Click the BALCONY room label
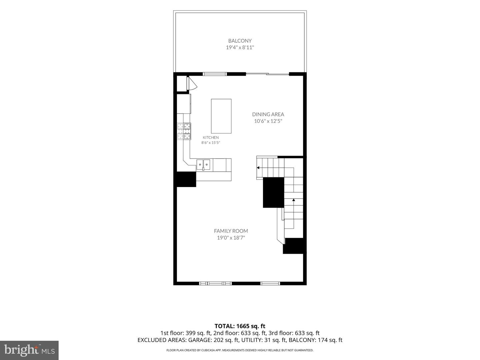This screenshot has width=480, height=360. [x=240, y=41]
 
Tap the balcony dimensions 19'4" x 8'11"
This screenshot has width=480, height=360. [x=240, y=47]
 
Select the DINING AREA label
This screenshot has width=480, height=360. [x=268, y=114]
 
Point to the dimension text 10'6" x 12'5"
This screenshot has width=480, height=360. [x=268, y=121]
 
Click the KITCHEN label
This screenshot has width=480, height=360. [x=211, y=137]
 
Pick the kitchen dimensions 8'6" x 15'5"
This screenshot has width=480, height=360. [x=211, y=143]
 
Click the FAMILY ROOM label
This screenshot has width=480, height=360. [x=231, y=231]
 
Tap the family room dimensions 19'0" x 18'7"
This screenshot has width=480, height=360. [x=231, y=238]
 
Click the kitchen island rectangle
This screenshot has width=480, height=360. [x=221, y=116]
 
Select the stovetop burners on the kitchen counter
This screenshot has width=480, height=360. [x=184, y=131]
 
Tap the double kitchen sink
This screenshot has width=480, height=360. [x=203, y=164]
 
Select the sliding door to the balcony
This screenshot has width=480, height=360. [x=267, y=74]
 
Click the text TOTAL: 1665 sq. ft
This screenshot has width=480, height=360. [x=240, y=326]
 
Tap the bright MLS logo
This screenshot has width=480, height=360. [x=29, y=350]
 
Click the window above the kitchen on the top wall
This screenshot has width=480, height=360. [x=215, y=74]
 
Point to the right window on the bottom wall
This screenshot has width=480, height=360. [x=270, y=283]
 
